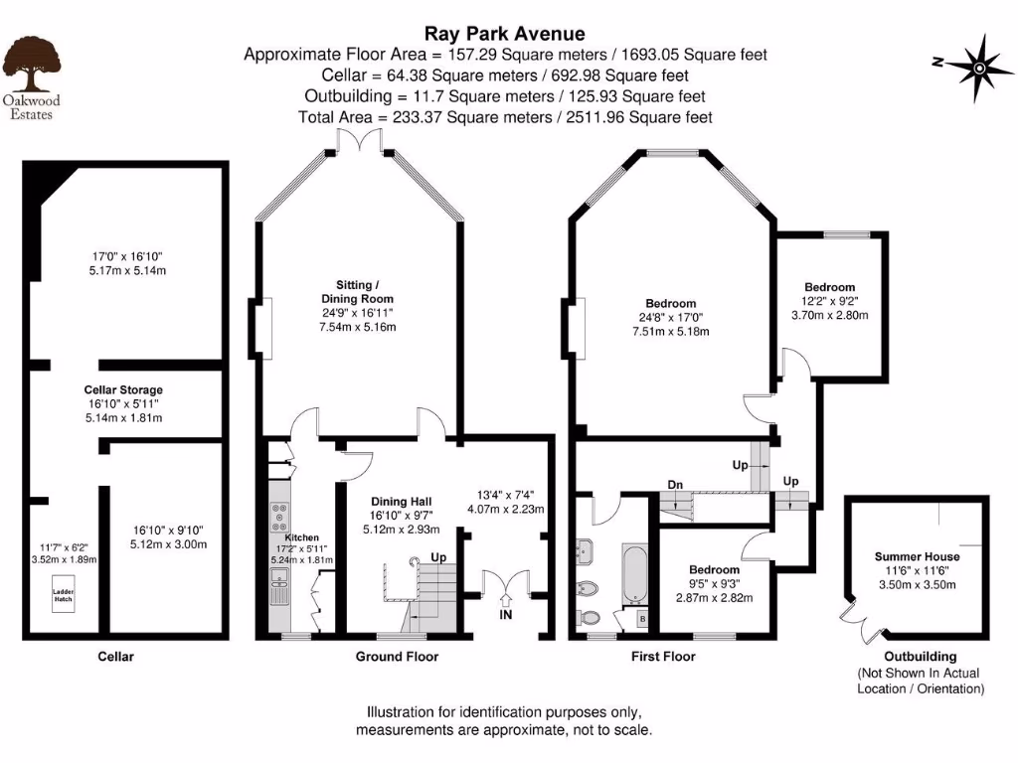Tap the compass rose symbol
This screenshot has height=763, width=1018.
(978, 67)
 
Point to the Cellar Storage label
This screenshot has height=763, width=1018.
(123, 389)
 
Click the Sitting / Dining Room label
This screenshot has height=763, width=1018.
(357, 291)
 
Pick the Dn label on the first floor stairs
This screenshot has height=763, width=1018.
(675, 485)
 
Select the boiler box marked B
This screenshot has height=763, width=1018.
(640, 620)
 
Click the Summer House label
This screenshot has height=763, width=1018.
(916, 556)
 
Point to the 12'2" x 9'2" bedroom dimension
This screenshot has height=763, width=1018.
(829, 301)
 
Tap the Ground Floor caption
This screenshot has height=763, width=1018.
(397, 656)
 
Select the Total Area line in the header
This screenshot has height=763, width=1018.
(505, 117)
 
